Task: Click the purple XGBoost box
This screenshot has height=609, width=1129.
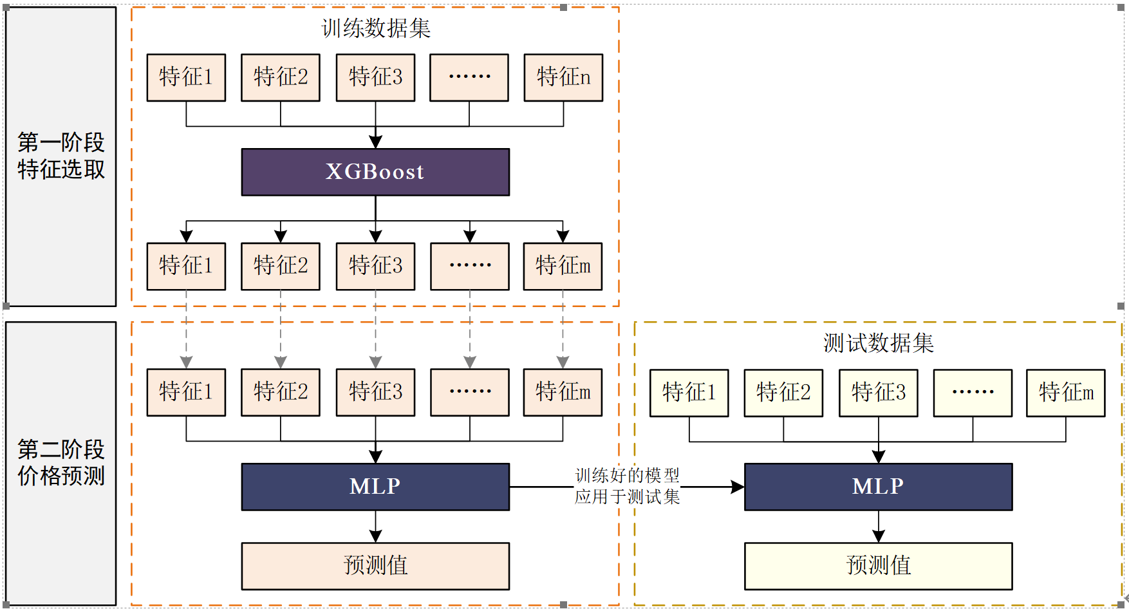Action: [x=375, y=172]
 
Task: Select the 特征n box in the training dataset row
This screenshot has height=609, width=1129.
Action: [x=563, y=77]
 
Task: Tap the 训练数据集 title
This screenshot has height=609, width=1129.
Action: [x=375, y=28]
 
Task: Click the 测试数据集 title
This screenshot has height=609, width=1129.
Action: [x=878, y=343]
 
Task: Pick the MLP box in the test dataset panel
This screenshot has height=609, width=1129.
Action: [x=878, y=487]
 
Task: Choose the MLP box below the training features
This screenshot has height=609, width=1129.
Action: [x=375, y=487]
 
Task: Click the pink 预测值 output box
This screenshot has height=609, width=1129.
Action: [x=375, y=566]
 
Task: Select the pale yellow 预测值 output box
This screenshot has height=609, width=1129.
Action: [x=878, y=566]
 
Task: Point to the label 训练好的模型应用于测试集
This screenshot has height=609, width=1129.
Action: [x=627, y=486]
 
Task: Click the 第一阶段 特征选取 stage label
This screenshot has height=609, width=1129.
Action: [x=61, y=156]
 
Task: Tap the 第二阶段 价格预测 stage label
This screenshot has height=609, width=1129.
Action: [x=61, y=462]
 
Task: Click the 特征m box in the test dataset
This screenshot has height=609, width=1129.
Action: [x=1065, y=393]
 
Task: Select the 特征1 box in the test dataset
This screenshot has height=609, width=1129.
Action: [x=689, y=393]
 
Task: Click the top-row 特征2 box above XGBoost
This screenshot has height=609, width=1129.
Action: [x=281, y=77]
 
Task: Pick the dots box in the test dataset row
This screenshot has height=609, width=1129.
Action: [x=973, y=393]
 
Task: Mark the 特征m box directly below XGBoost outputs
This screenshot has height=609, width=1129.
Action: [x=563, y=266]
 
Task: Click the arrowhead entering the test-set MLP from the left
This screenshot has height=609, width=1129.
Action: [x=738, y=487]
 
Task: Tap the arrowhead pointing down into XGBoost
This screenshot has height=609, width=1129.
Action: [x=375, y=142]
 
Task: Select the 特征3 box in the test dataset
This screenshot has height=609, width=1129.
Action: [x=878, y=393]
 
